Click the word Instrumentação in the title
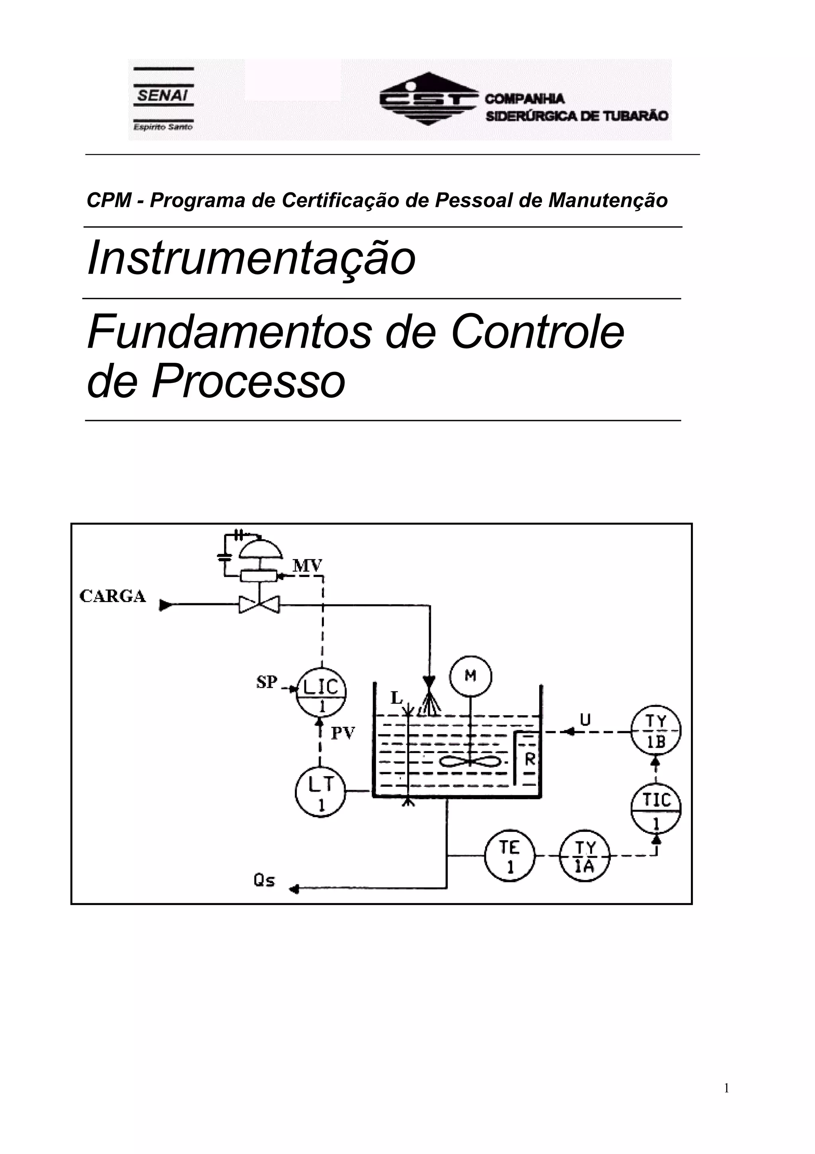(252, 258)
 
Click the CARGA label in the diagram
(113, 597)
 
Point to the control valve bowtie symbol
(259, 604)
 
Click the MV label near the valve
(307, 566)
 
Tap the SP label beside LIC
(267, 683)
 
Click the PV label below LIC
(343, 733)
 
